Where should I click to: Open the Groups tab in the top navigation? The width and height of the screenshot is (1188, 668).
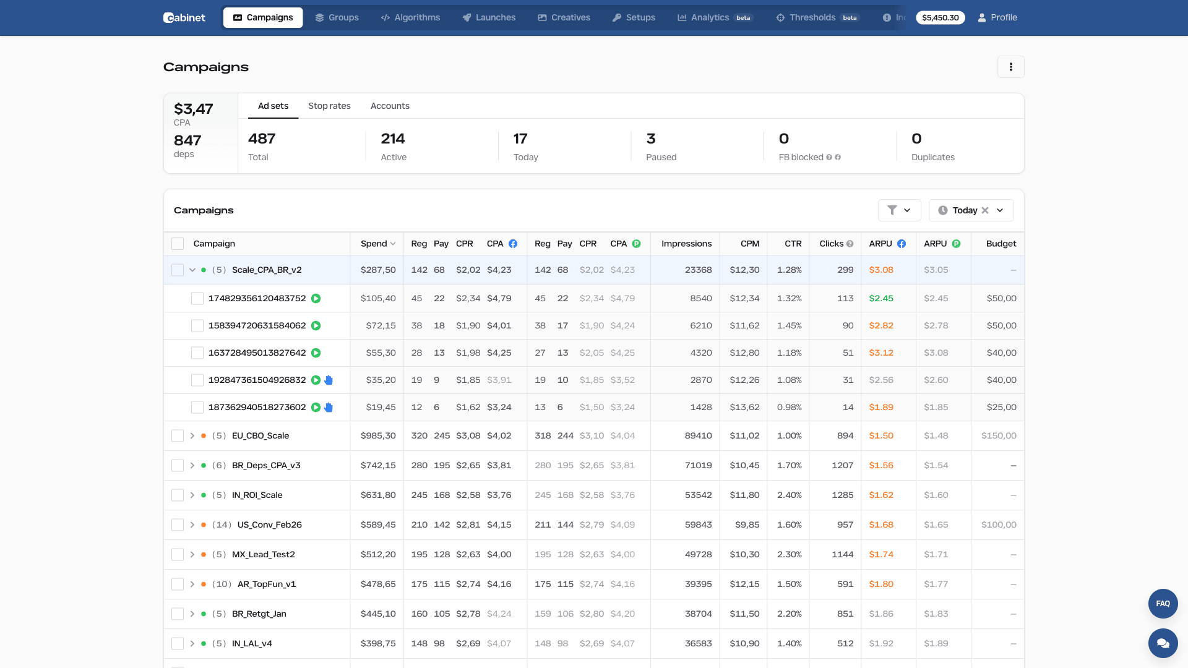click(337, 17)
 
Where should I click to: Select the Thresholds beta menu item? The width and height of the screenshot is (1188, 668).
click(817, 17)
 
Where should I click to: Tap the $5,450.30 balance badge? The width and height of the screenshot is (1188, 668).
click(940, 17)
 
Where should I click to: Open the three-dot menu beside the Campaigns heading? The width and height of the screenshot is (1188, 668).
click(1010, 67)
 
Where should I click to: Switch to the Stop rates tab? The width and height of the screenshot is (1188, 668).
click(329, 106)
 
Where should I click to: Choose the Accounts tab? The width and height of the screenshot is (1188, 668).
click(390, 106)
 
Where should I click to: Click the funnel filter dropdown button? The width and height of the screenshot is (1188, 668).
click(899, 210)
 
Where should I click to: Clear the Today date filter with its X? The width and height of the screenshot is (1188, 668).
click(985, 210)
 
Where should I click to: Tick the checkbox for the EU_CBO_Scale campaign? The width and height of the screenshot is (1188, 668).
click(178, 436)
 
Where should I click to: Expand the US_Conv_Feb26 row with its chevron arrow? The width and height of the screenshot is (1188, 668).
click(192, 525)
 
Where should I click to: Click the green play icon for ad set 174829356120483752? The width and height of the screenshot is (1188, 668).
click(316, 299)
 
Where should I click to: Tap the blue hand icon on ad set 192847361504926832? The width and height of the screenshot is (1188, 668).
click(329, 380)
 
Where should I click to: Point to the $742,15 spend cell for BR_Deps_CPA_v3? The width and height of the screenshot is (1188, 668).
click(377, 466)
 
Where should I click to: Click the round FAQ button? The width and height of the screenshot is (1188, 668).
click(1163, 604)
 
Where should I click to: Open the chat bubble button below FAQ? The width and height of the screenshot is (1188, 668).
click(1163, 643)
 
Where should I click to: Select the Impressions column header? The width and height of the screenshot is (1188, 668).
click(686, 244)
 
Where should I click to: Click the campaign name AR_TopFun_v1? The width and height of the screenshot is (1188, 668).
click(267, 584)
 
